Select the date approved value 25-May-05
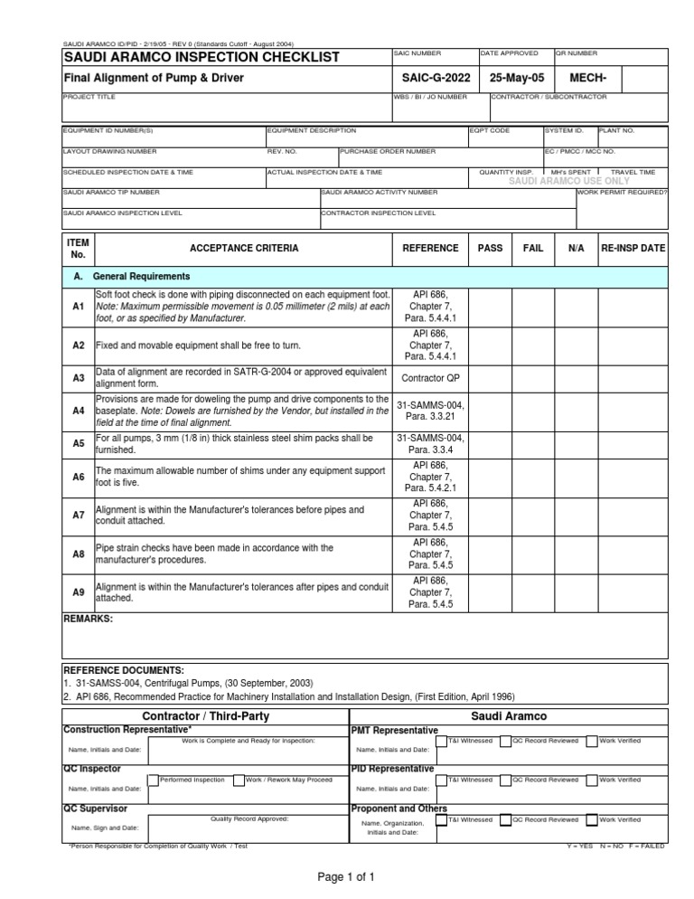coord(514,79)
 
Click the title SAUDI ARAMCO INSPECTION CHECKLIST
coord(201,58)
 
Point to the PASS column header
coord(491,248)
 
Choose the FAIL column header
coord(533,248)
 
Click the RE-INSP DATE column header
coord(633,248)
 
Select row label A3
coord(78,376)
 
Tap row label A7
coord(78,515)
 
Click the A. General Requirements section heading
coord(131,276)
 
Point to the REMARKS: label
coord(88,619)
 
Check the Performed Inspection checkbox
coord(153,780)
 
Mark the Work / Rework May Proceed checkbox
coord(239,780)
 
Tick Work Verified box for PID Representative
coord(591,780)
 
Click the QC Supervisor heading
coord(95,808)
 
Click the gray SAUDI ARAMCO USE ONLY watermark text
coord(569,181)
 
